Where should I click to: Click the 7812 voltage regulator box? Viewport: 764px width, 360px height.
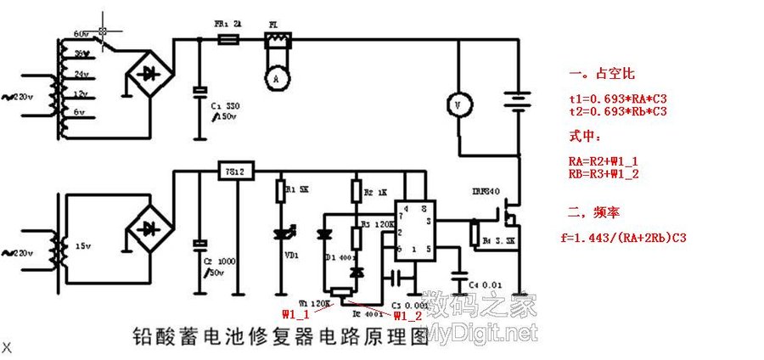(230, 172)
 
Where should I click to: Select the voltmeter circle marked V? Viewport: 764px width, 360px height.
(459, 103)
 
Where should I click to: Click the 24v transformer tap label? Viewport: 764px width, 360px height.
(82, 73)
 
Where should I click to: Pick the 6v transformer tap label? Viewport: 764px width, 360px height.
(81, 111)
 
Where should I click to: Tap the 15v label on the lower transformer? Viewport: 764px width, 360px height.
(82, 245)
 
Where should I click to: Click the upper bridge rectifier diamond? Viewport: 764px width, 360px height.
(149, 76)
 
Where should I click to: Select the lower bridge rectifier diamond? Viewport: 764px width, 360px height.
(151, 228)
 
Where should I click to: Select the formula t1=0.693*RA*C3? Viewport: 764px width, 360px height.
(617, 98)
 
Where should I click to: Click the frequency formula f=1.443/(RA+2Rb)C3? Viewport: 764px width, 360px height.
(623, 239)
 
